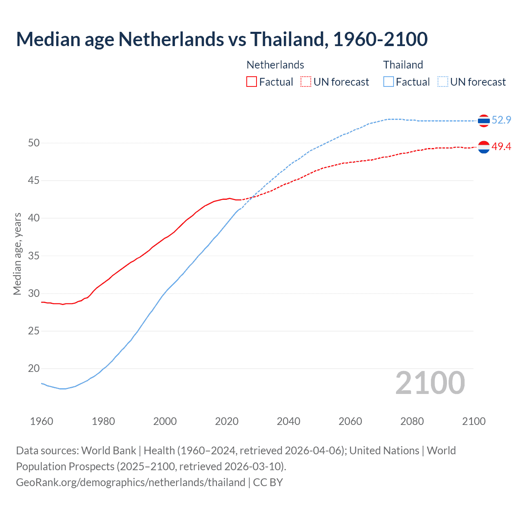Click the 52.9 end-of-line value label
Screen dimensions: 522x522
[501, 120]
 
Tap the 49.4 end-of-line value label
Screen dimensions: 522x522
[501, 146]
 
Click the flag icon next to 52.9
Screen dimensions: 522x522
[484, 121]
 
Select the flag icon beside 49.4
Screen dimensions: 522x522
[484, 147]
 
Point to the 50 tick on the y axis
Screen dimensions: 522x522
[34, 143]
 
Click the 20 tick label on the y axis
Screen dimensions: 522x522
[34, 368]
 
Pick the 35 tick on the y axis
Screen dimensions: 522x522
[34, 256]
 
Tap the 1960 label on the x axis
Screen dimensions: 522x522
[42, 421]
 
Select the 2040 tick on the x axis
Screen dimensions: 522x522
[288, 421]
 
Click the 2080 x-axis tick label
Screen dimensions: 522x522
[412, 421]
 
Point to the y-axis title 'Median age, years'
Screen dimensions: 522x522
[17, 254]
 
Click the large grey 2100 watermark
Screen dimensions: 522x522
[430, 383]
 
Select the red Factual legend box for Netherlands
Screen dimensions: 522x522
[252, 82]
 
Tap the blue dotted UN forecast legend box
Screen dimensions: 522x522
[443, 82]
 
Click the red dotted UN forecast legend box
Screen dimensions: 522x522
[306, 82]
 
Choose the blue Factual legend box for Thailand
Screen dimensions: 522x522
[389, 82]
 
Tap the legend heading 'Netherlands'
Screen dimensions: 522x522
[275, 65]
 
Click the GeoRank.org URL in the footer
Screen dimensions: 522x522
[130, 482]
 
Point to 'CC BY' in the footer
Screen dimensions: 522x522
[268, 482]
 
